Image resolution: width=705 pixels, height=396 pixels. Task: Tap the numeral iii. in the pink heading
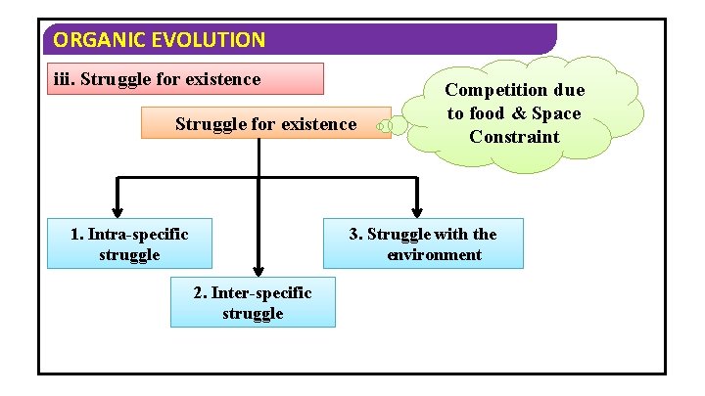(x=65, y=78)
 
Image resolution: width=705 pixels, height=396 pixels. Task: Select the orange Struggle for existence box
(x=265, y=123)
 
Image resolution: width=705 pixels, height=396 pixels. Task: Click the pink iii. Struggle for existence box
(x=186, y=78)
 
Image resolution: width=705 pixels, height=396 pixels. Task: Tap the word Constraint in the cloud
(x=514, y=137)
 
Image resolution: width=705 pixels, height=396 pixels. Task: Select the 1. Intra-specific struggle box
(x=129, y=243)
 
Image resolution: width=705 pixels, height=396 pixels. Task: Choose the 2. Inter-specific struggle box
(x=253, y=302)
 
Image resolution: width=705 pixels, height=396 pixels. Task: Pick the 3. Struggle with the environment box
(x=424, y=243)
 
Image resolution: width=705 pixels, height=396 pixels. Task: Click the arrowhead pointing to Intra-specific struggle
(x=118, y=209)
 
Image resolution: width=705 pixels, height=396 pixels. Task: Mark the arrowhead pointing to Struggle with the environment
(x=417, y=209)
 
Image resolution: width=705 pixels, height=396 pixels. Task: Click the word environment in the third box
(x=434, y=255)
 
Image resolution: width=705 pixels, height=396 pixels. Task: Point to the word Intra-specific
(x=137, y=234)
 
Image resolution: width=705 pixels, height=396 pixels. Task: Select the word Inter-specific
(x=261, y=292)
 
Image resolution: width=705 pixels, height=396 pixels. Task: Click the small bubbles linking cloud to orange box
(x=392, y=125)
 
